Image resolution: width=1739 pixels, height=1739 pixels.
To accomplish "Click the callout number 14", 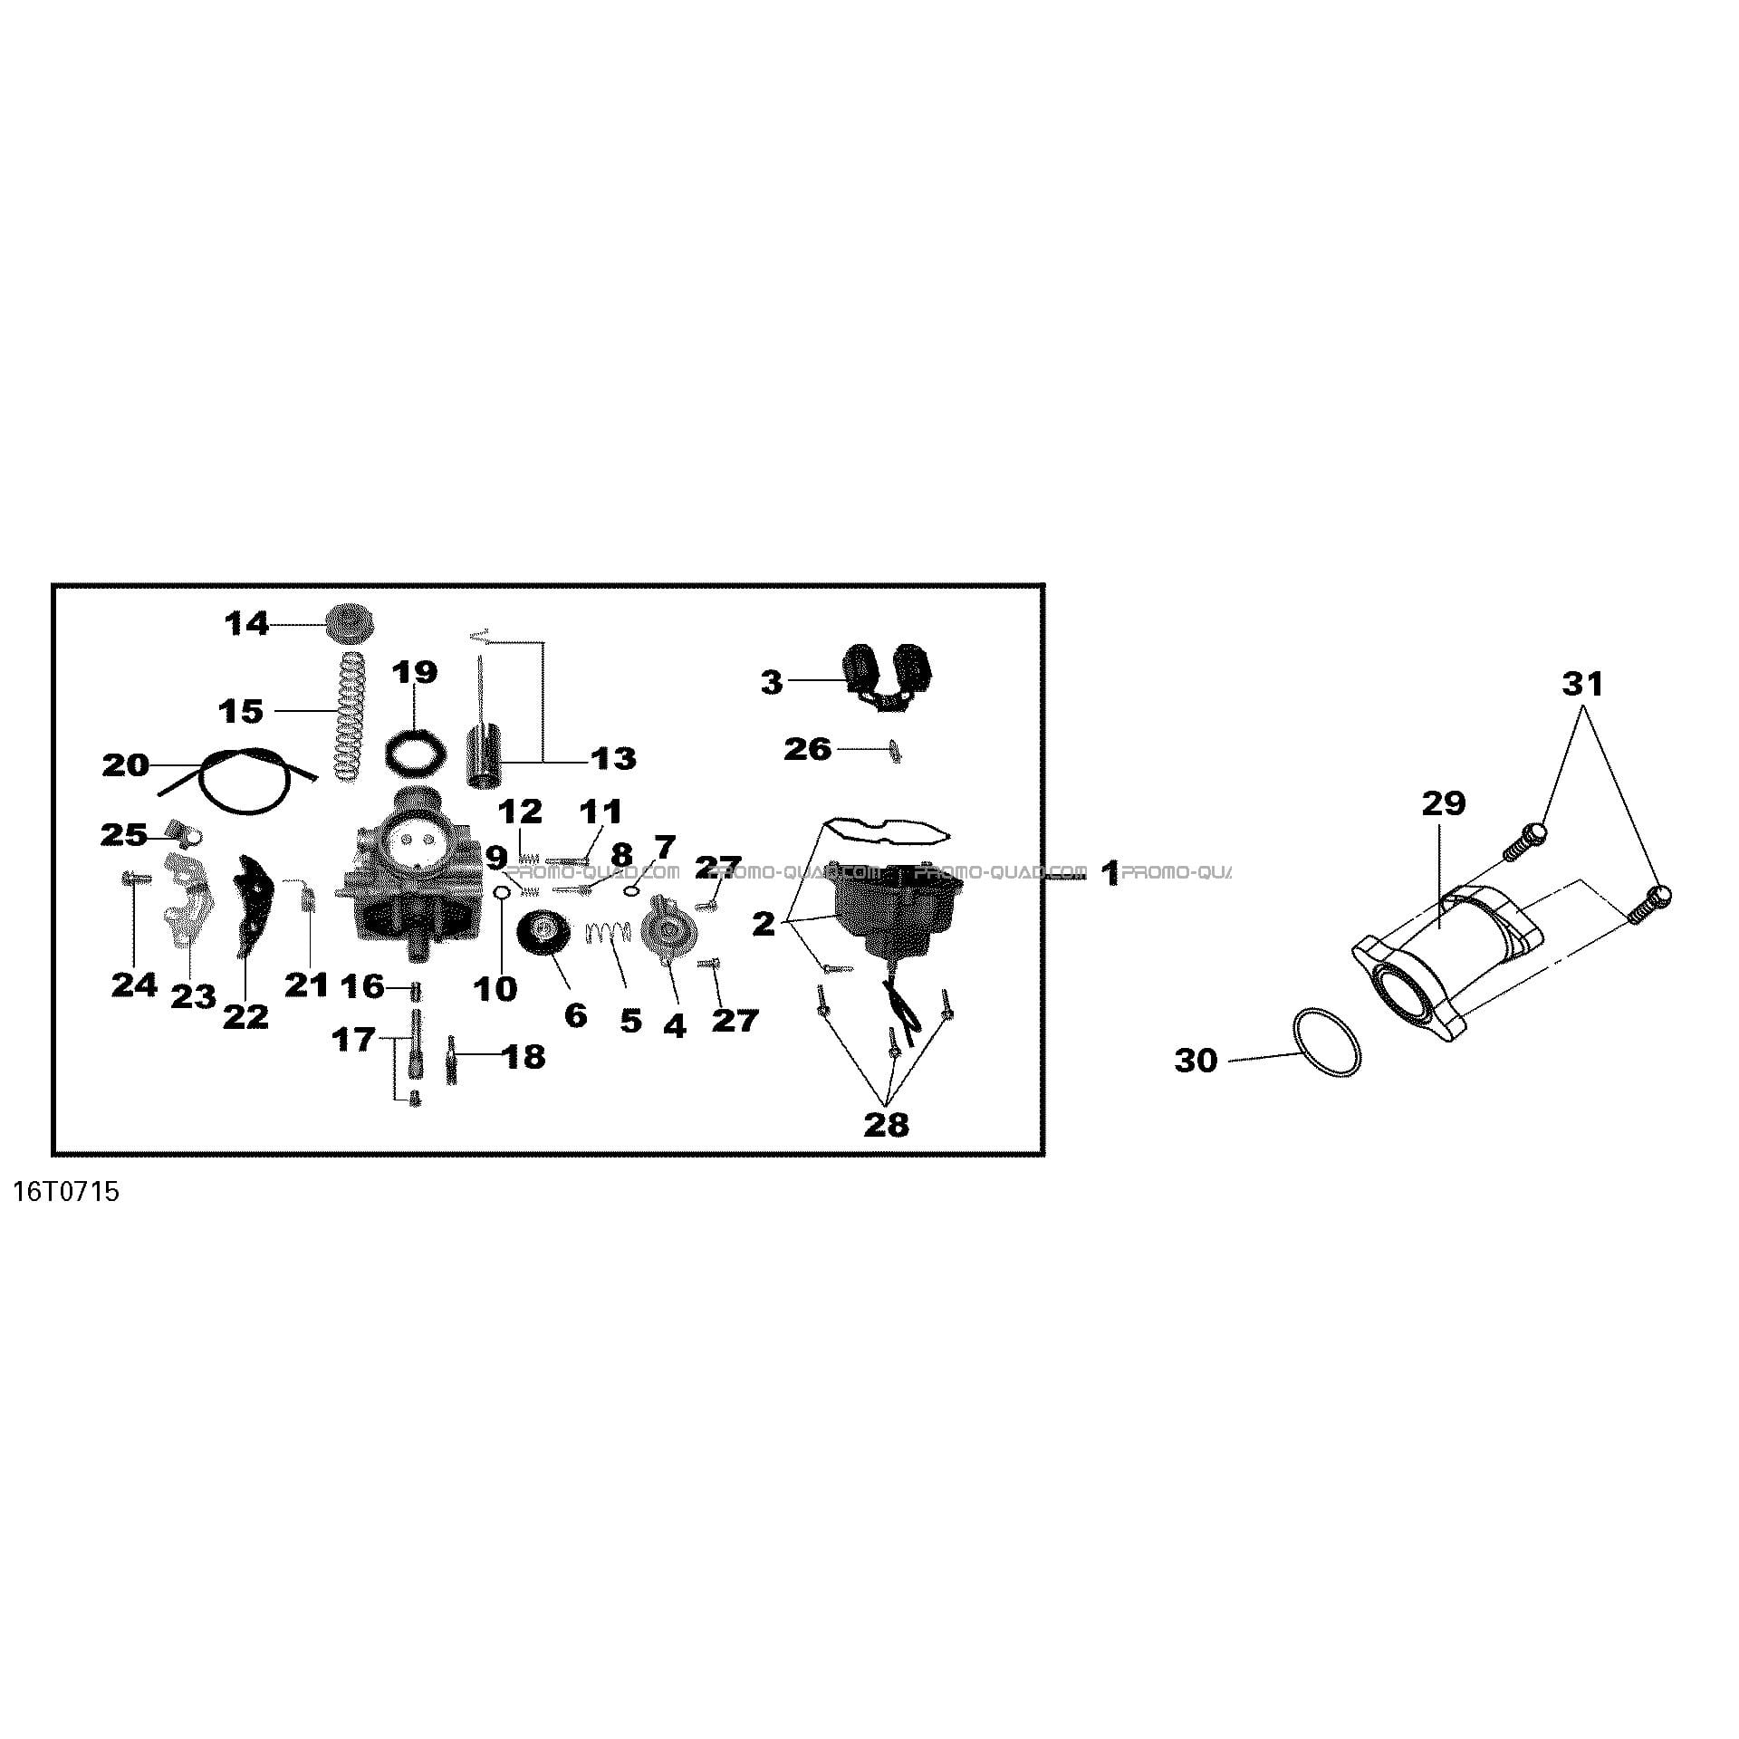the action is pos(247,624).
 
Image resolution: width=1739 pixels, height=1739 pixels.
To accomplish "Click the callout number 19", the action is pos(415,672).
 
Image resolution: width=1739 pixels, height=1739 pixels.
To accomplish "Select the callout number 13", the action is pos(613,758).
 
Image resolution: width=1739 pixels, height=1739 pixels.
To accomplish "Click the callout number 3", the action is pos(771,683).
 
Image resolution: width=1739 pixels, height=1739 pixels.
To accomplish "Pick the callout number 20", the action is pos(125,765).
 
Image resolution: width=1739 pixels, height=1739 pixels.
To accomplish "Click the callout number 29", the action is pos(1444,803).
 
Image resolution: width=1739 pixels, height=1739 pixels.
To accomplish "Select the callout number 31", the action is pos(1582,684).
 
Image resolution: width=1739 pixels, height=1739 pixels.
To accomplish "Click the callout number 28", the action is pos(886,1125).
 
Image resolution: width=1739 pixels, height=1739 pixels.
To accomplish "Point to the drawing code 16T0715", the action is pos(66,1192).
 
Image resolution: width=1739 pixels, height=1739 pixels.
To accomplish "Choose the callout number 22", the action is pos(246,1016).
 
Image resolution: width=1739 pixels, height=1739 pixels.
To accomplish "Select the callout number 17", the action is pos(354,1039).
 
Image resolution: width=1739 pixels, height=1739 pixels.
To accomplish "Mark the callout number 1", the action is pos(1110,874).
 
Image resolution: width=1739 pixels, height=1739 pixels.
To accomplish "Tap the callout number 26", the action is pos(808,749).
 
